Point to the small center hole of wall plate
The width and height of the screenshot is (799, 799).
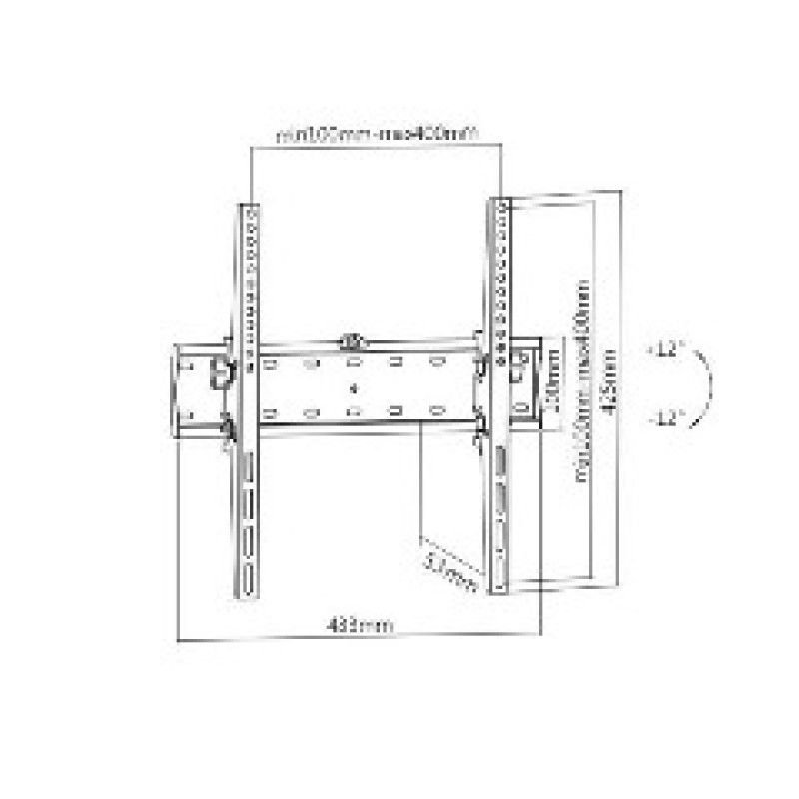click(x=353, y=386)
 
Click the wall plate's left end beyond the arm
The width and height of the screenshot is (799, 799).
click(x=190, y=390)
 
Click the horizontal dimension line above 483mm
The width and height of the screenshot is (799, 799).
click(x=358, y=637)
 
